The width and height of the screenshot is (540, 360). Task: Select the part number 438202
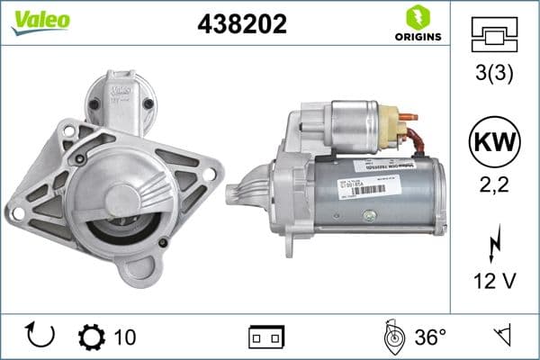click(241, 24)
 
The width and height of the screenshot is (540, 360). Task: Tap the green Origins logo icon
click(416, 17)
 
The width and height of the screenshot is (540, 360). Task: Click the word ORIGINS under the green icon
click(417, 37)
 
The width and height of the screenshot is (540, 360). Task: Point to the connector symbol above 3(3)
click(494, 37)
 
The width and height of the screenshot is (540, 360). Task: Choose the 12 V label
click(494, 283)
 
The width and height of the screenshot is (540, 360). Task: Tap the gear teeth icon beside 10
click(91, 337)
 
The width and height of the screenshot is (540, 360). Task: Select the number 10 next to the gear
click(125, 337)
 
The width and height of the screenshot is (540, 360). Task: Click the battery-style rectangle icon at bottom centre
click(265, 337)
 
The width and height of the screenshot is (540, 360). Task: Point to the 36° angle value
click(431, 337)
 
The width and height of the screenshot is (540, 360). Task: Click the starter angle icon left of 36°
click(392, 337)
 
